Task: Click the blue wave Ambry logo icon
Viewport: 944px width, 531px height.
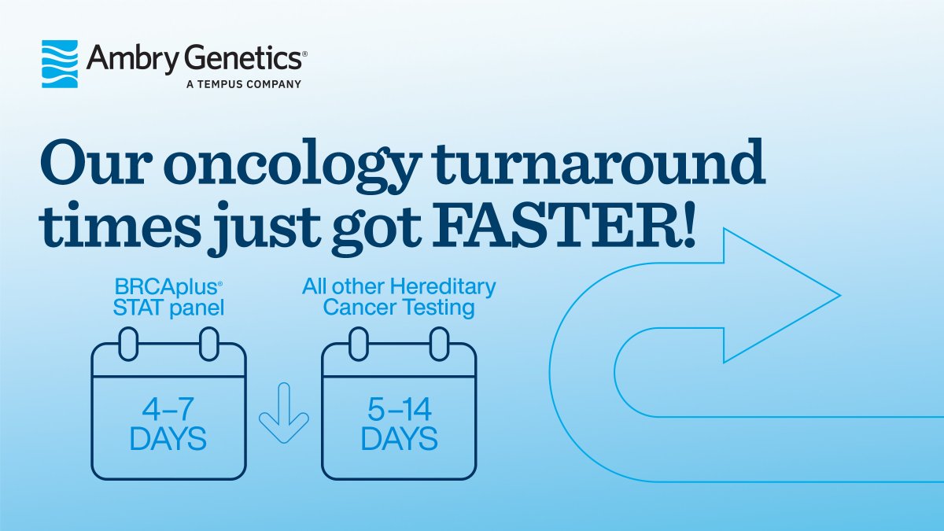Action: click(x=60, y=64)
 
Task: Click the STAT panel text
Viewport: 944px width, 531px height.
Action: click(x=168, y=308)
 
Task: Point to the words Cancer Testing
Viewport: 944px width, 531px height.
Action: click(x=399, y=308)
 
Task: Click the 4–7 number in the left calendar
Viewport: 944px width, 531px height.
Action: click(x=168, y=409)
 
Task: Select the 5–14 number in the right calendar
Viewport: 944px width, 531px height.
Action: click(x=399, y=409)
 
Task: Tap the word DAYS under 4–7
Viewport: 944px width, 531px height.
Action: click(x=168, y=439)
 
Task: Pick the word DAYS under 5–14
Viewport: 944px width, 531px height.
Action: click(x=399, y=439)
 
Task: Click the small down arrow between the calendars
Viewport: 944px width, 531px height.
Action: click(x=283, y=412)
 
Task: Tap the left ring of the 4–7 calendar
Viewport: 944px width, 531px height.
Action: click(x=128, y=344)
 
